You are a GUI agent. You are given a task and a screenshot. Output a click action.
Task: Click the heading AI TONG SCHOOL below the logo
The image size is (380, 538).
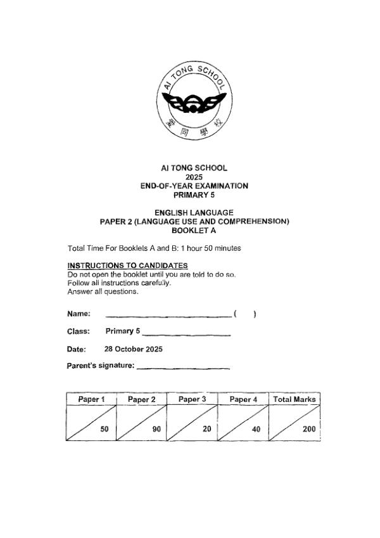[x=194, y=168]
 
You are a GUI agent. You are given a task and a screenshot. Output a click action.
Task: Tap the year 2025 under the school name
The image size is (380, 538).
[x=194, y=177]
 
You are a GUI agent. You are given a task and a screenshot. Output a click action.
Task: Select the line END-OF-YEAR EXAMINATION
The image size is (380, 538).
[x=194, y=186]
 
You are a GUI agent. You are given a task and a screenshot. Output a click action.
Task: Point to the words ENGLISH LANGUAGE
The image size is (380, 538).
[x=194, y=212]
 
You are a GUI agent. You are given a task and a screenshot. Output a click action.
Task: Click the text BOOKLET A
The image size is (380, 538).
[x=194, y=230]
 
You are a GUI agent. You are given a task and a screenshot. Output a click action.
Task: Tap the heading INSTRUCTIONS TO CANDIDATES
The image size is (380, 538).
[x=127, y=265]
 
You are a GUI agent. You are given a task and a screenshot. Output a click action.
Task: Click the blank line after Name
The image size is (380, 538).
[x=168, y=314]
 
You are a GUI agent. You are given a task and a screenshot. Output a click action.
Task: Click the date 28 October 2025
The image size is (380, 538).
[x=133, y=349]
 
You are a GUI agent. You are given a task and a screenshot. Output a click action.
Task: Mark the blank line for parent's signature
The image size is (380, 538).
[x=183, y=367]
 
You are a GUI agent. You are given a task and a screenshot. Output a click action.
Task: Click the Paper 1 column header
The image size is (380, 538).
[x=91, y=399]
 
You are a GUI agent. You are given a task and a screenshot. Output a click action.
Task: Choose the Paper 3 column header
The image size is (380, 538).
[x=192, y=399]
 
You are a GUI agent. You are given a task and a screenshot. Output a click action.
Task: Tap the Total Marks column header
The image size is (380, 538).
[x=294, y=399]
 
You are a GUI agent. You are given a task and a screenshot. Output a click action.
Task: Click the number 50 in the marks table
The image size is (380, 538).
[x=104, y=429]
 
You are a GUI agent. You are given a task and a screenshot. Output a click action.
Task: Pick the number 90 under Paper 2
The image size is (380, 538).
[x=156, y=429]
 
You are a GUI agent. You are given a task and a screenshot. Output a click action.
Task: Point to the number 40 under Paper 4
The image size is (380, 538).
[x=256, y=429]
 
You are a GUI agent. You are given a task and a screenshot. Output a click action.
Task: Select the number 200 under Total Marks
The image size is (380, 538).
[x=308, y=429]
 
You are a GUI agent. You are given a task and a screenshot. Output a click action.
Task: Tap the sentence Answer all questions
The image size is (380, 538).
[x=103, y=291]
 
